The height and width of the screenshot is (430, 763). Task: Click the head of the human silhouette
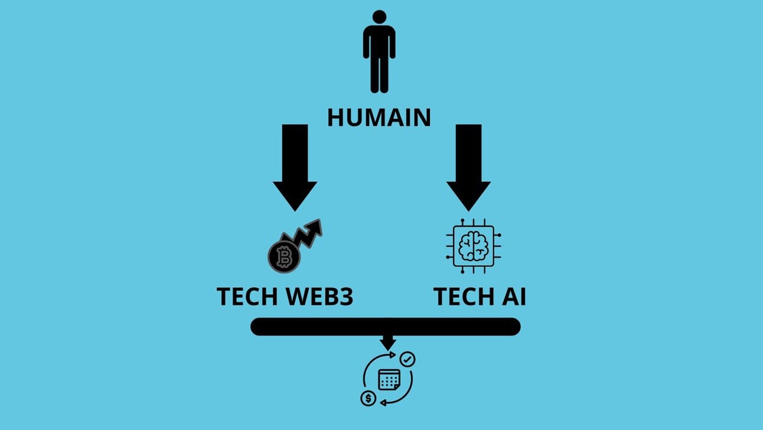pos(379,18)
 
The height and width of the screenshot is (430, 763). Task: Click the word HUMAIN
pos(379,117)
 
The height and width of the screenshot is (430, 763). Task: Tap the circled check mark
pos(407,359)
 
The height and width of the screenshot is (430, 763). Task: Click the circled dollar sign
pos(368,398)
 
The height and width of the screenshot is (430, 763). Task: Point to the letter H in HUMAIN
pos(336,117)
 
